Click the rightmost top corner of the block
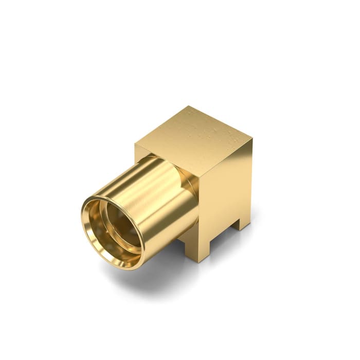point(253,137)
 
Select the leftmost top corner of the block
point(136,143)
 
